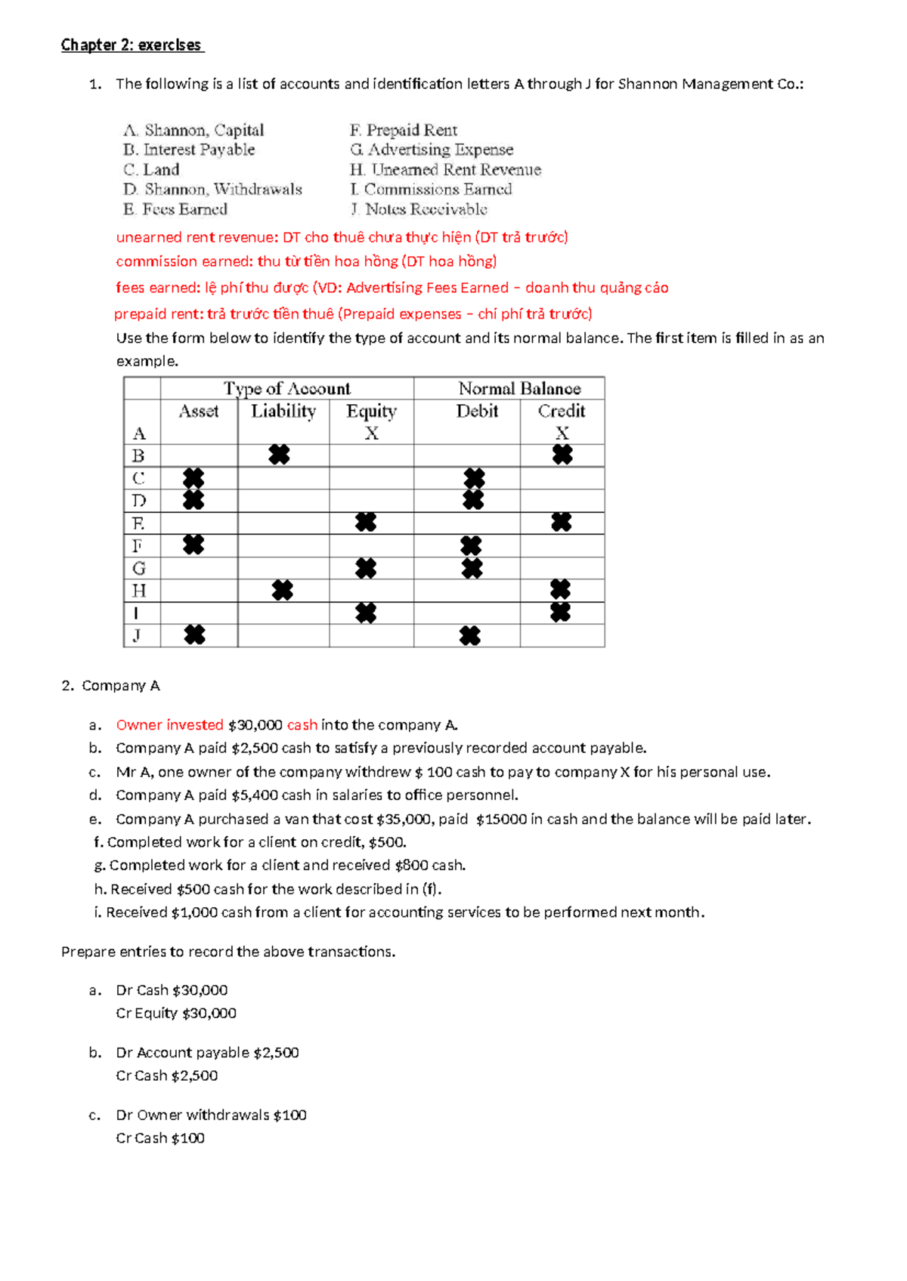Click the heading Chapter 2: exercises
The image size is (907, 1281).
(x=132, y=45)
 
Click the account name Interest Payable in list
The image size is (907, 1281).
(x=199, y=150)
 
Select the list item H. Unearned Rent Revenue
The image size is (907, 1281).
(x=445, y=170)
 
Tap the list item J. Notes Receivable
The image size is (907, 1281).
(x=419, y=209)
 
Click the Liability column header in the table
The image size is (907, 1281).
(x=283, y=411)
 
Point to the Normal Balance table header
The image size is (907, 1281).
(x=519, y=388)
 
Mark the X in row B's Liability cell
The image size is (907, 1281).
(x=279, y=455)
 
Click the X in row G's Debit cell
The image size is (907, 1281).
(x=472, y=568)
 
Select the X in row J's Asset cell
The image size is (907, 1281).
(x=194, y=635)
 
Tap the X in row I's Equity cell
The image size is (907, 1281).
(x=366, y=613)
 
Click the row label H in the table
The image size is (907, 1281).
(x=139, y=591)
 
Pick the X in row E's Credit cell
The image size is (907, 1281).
(x=562, y=522)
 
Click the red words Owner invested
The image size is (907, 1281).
(x=169, y=725)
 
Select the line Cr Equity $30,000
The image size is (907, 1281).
(x=176, y=1014)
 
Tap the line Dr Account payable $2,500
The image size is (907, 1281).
(x=207, y=1053)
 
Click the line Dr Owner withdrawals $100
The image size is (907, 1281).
(x=211, y=1115)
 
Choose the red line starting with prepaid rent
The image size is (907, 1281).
(x=353, y=314)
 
